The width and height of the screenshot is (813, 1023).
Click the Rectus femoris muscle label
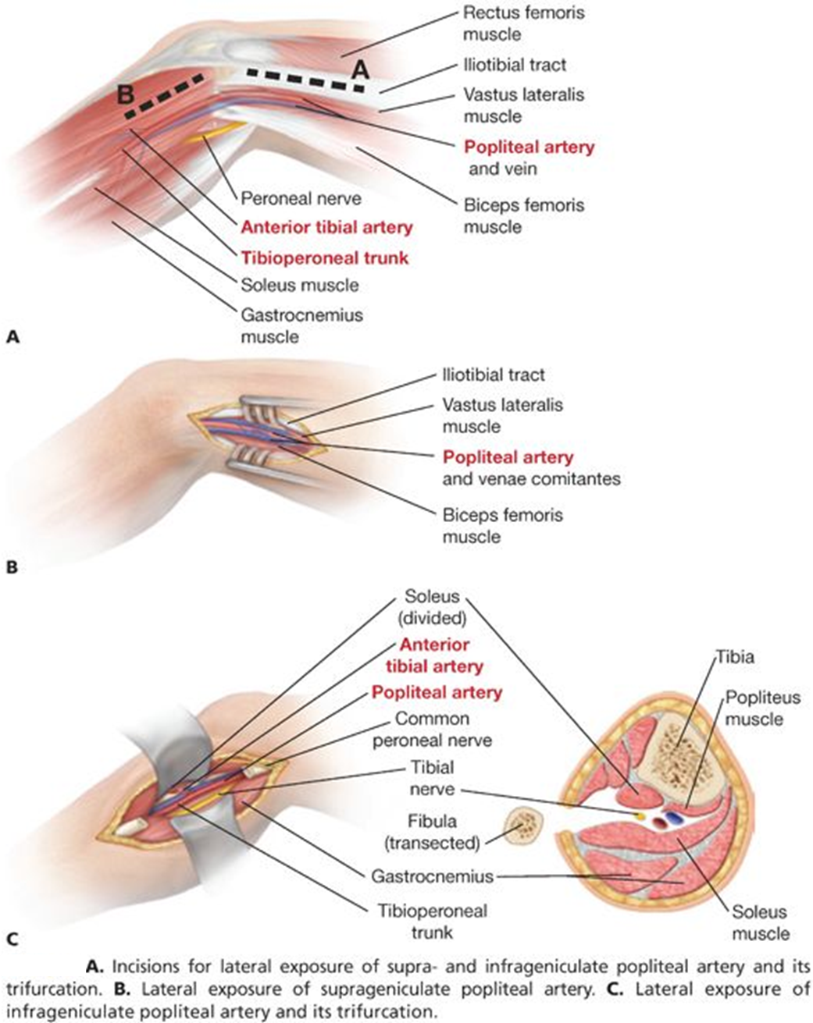click(523, 23)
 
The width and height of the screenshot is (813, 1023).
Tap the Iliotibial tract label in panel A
click(515, 65)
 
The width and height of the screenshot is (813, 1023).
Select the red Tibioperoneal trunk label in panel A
click(324, 258)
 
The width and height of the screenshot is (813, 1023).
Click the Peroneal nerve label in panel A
click(301, 198)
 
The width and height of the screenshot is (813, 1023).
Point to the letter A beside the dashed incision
click(360, 69)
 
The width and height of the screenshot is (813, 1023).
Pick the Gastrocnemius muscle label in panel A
click(301, 326)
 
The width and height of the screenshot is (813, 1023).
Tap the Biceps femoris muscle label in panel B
click(502, 526)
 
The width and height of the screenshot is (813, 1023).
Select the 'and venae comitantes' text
click(531, 478)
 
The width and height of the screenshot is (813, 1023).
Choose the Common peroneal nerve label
click(432, 729)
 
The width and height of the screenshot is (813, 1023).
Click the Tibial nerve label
click(432, 778)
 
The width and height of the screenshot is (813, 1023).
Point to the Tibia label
click(736, 657)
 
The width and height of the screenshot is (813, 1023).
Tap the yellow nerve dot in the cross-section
click(640, 815)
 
